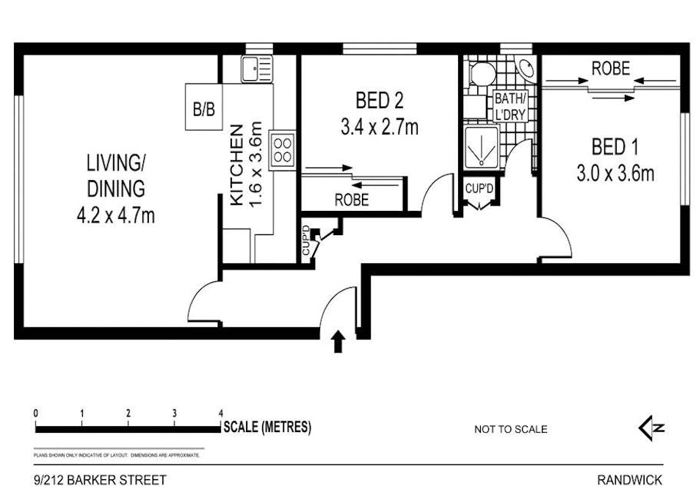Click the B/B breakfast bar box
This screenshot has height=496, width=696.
(x=203, y=110)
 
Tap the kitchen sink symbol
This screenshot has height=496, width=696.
(x=255, y=70)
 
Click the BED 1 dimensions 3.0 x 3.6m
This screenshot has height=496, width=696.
(x=615, y=173)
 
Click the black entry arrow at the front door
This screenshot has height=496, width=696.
(x=338, y=342)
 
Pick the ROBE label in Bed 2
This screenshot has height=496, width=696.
(x=352, y=199)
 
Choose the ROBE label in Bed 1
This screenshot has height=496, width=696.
(x=611, y=69)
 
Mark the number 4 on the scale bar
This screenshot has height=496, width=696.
(x=221, y=414)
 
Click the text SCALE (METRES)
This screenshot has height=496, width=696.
(x=267, y=427)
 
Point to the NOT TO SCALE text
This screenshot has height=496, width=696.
(x=510, y=430)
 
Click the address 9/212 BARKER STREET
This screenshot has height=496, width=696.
(x=100, y=481)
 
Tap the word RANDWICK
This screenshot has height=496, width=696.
(x=629, y=481)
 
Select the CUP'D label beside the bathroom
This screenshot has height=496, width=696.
(x=479, y=189)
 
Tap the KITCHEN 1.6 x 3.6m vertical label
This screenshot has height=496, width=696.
(x=245, y=165)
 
